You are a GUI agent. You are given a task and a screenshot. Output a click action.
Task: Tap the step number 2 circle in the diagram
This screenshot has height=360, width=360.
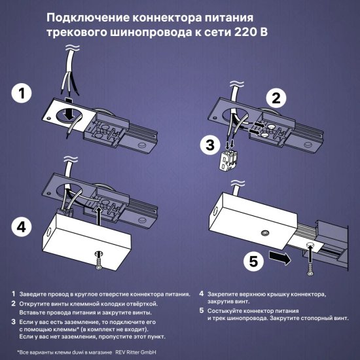click(277, 98)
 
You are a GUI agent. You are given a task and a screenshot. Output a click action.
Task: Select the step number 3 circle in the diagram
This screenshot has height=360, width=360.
click(207, 145)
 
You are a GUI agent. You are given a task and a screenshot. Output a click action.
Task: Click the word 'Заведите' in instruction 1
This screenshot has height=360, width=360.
click(33, 295)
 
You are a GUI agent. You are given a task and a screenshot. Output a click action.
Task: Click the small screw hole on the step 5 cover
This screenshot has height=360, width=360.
click(265, 233)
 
